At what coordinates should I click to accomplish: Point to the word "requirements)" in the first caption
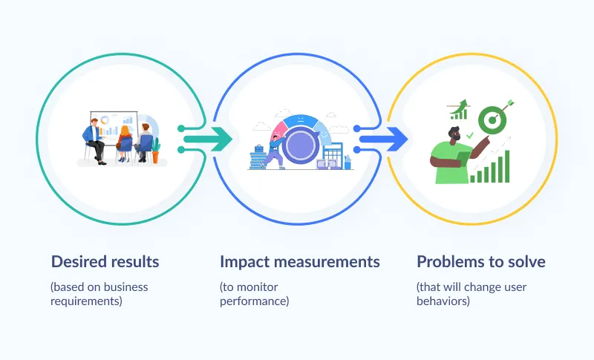(86, 301)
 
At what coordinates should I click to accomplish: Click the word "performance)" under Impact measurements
(254, 301)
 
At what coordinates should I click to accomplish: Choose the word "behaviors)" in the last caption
(443, 301)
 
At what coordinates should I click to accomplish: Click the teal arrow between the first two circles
(208, 139)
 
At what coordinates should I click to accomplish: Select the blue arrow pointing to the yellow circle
(383, 139)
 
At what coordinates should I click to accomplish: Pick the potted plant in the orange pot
(155, 150)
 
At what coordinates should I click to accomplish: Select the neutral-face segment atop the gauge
(301, 121)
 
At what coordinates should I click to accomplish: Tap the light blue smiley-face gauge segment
(324, 132)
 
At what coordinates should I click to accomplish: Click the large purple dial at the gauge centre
(301, 145)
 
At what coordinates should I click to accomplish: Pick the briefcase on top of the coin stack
(259, 148)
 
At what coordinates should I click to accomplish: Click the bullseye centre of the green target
(492, 120)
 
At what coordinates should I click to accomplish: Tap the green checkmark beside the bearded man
(470, 135)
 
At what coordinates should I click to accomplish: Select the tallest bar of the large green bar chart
(507, 166)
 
